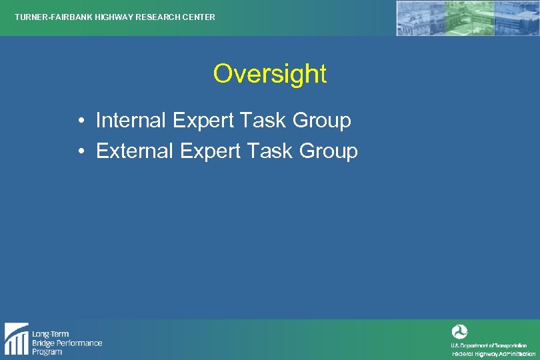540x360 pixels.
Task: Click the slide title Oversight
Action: (270, 74)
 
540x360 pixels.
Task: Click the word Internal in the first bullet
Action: (131, 121)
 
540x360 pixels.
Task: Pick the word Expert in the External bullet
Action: (209, 152)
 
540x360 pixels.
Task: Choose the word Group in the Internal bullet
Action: (321, 121)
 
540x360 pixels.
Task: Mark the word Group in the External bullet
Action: (328, 152)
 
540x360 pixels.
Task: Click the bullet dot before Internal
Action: (79, 122)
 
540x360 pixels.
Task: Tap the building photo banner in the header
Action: (466, 18)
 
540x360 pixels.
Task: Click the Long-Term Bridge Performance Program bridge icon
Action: (16, 339)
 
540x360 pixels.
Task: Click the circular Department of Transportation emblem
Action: (459, 331)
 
